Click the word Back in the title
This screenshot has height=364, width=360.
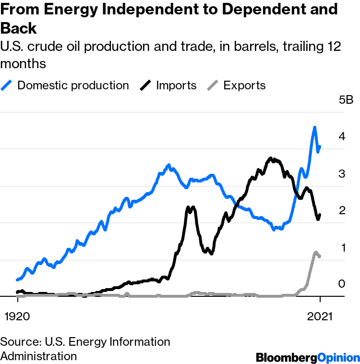tap(19, 28)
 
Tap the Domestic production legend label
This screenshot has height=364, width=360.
tap(73, 85)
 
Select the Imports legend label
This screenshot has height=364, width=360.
tap(176, 85)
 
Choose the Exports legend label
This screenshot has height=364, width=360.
tap(244, 85)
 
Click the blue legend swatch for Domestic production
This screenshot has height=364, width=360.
tap(8, 85)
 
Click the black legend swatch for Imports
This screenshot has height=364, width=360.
tap(146, 85)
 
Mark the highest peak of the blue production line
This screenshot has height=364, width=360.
tap(314, 128)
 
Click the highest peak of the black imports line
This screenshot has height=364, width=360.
tap(271, 158)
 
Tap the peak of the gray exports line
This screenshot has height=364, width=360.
tap(315, 252)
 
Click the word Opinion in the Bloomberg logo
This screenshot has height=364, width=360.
tap(339, 357)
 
